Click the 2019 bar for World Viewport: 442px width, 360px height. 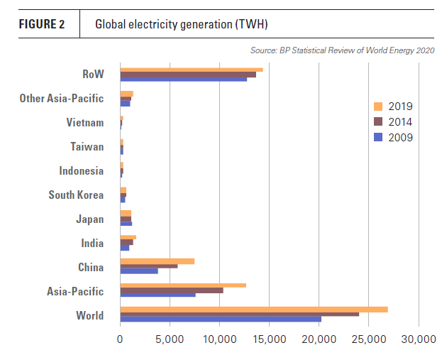point(254,310)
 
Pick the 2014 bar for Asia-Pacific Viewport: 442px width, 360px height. point(172,290)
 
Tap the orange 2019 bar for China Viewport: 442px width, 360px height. point(158,261)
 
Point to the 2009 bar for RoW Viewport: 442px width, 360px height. point(184,79)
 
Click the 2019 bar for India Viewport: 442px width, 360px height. point(128,237)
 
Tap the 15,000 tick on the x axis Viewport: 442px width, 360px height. point(270,340)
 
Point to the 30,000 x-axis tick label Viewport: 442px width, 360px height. point(419,340)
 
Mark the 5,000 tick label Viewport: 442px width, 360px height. point(170,340)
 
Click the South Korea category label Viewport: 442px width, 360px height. point(76,195)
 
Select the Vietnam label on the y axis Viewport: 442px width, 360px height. point(85,123)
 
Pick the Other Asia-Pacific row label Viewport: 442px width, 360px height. point(62,99)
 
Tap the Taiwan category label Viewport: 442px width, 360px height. point(87,147)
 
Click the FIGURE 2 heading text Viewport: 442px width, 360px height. point(42,25)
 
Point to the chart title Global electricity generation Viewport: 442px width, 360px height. point(182,25)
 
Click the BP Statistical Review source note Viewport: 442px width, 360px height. point(342,50)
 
